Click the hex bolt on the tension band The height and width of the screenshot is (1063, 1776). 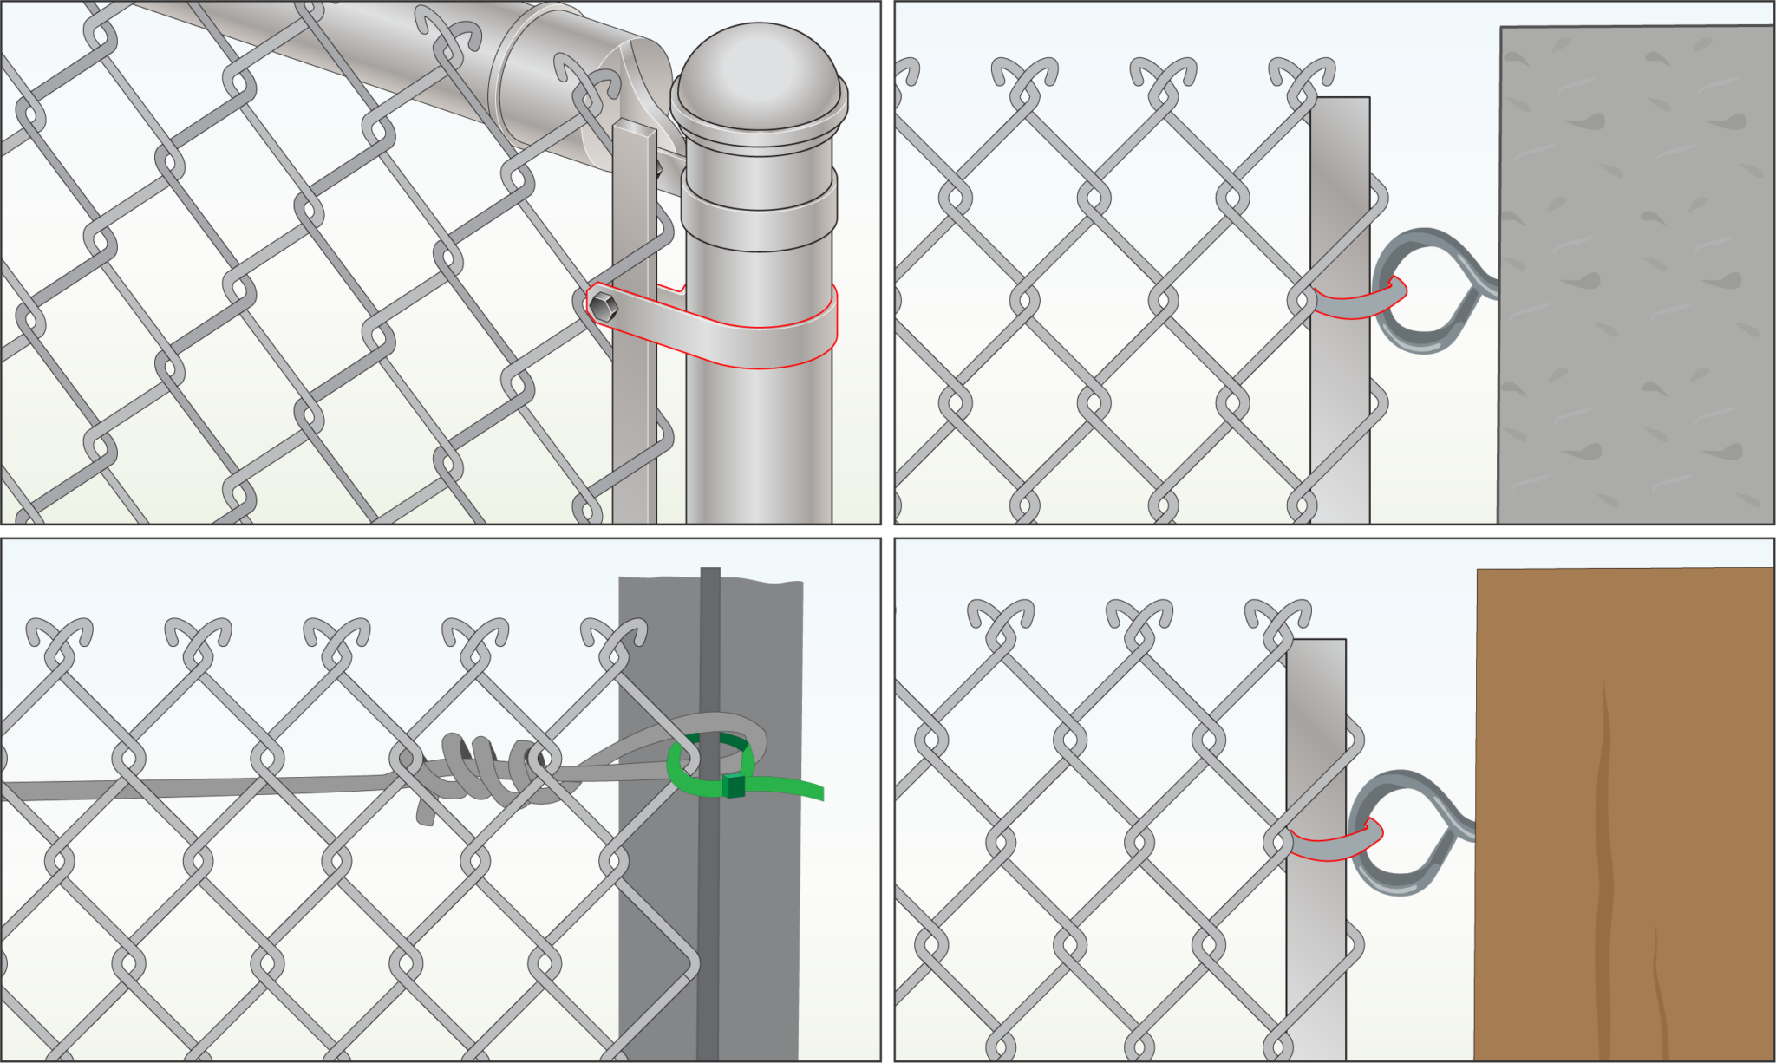click(604, 306)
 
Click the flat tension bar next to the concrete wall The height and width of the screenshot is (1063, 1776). click(1340, 416)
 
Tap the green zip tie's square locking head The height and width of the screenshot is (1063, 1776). click(734, 786)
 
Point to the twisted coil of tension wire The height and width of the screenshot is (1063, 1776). click(486, 767)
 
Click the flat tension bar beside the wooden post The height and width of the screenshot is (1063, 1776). click(1316, 954)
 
